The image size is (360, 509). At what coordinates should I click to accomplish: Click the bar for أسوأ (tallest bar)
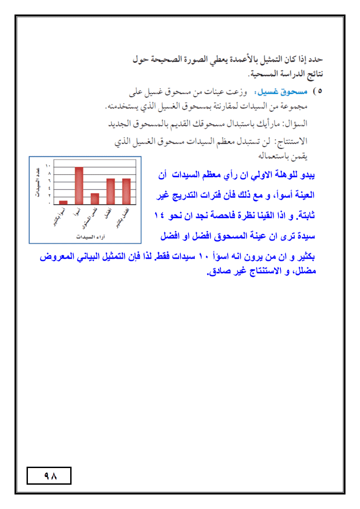pos(79,185)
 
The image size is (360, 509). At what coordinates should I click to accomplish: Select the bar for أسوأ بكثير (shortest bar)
pos(63,202)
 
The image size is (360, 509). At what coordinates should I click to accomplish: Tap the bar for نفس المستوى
pos(94,198)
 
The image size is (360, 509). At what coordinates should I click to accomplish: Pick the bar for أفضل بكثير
pos(126,191)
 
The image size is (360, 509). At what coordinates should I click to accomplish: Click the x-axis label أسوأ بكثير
pos(58,219)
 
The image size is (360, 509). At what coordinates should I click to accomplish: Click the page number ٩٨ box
pos(49,476)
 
